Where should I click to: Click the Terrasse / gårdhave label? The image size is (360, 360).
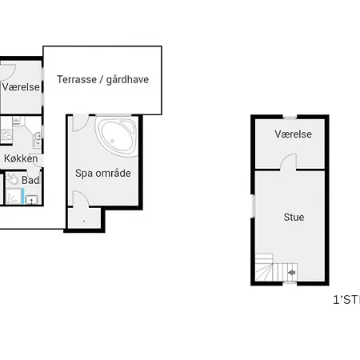[x=102, y=79]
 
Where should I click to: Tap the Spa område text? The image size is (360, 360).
[x=102, y=173]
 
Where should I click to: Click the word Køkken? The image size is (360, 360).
[x=20, y=158]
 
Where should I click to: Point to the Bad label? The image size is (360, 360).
[x=30, y=181]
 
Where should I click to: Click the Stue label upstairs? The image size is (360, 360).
[x=294, y=217]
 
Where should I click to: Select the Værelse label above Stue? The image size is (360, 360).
[x=293, y=134]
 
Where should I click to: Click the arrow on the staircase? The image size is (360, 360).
[x=290, y=274]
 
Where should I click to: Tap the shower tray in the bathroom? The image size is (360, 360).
[x=15, y=197]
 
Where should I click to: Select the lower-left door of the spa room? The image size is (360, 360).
[x=78, y=200]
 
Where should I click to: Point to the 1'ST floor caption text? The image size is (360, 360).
[x=346, y=301]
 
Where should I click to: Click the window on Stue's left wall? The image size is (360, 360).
[x=253, y=205]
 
